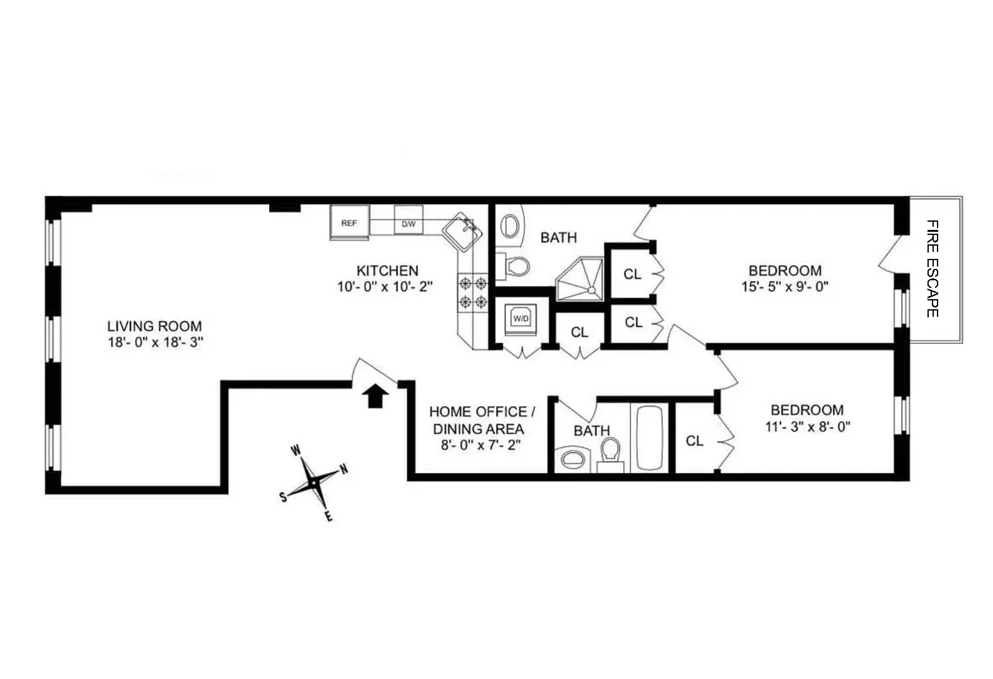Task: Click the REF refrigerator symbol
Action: coord(348,223)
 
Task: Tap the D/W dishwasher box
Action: coord(408,224)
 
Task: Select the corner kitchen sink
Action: coord(464,232)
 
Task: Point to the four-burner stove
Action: coord(473,292)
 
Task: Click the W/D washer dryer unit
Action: coord(521,319)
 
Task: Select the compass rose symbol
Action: coord(313,482)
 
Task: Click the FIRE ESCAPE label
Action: coord(933,268)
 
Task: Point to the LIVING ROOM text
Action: coord(154,326)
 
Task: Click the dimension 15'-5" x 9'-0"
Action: coord(784,287)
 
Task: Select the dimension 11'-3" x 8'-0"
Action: coord(807,426)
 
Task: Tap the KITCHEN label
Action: coord(387,271)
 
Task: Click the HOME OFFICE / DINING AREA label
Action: coord(482,420)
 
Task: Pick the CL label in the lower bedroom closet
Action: coord(694,441)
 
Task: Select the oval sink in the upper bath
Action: coord(511,225)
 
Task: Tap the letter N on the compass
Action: coord(344,469)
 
